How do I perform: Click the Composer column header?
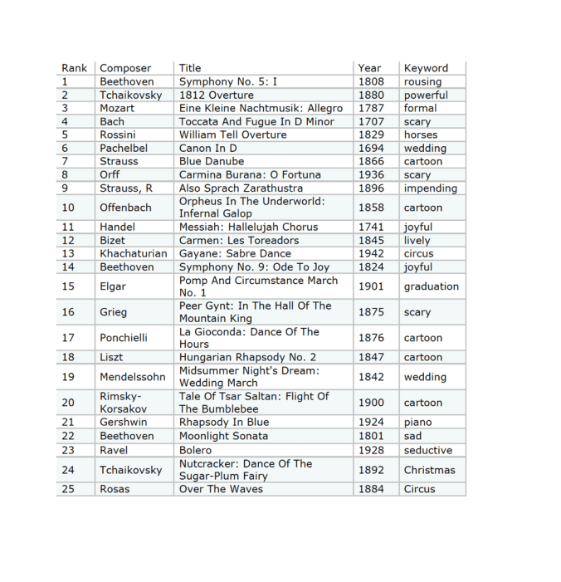(125, 68)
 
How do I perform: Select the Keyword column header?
(426, 68)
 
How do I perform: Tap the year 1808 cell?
(371, 81)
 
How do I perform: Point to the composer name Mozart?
(117, 108)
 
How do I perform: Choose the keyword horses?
(421, 134)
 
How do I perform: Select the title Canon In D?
(208, 148)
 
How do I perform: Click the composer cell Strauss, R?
(126, 188)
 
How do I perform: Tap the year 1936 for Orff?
(371, 174)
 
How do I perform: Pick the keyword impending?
(430, 188)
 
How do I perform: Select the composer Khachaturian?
(133, 253)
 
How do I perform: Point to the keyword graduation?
(431, 286)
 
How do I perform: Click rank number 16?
(68, 312)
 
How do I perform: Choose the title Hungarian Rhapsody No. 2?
(247, 357)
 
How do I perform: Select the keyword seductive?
(428, 450)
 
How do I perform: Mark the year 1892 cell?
(371, 470)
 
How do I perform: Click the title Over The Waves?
(221, 489)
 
